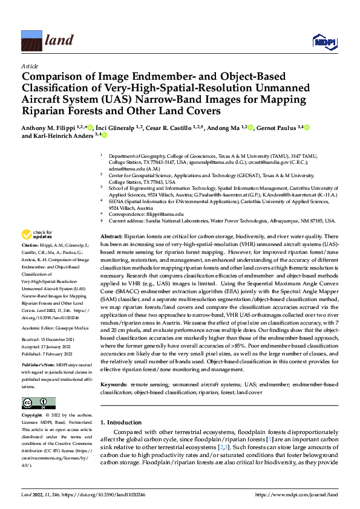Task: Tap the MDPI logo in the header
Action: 324,41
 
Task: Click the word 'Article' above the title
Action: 29,66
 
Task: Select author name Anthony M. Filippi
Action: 47,128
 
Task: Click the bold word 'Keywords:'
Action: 114,384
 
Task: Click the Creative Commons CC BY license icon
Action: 38,403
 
